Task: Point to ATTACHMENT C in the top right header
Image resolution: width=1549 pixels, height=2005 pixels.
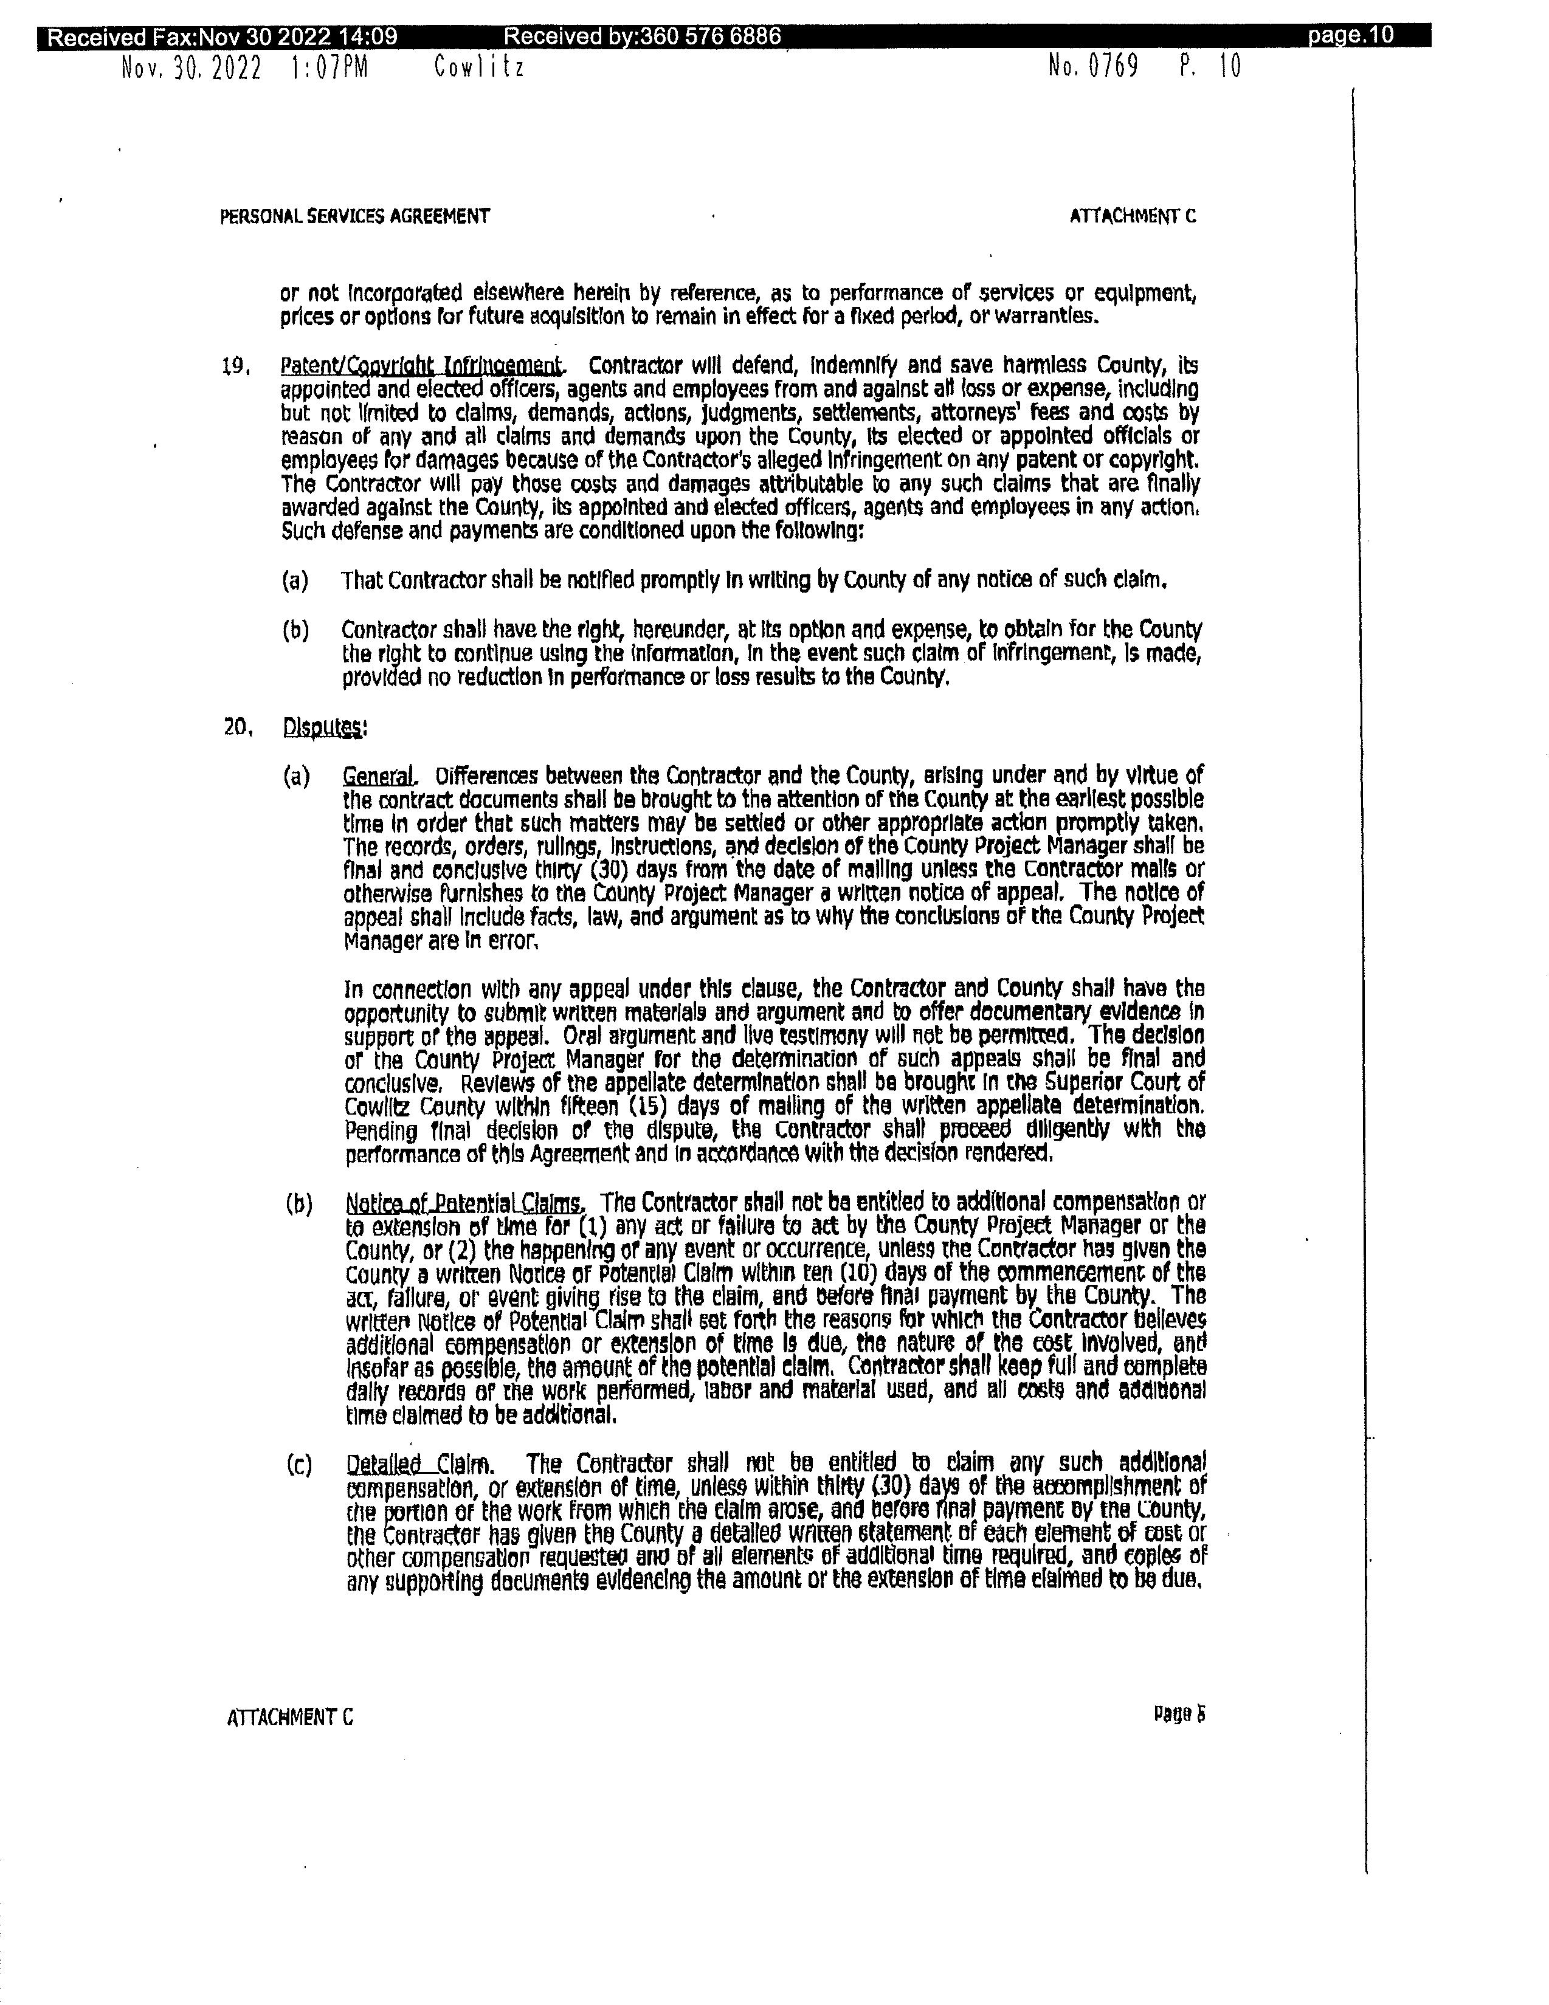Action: (x=1133, y=216)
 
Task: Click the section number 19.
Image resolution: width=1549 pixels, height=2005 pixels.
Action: (x=236, y=367)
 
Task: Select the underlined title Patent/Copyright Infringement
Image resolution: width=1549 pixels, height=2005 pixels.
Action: (x=421, y=366)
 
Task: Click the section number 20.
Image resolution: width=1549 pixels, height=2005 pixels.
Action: (x=237, y=727)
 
